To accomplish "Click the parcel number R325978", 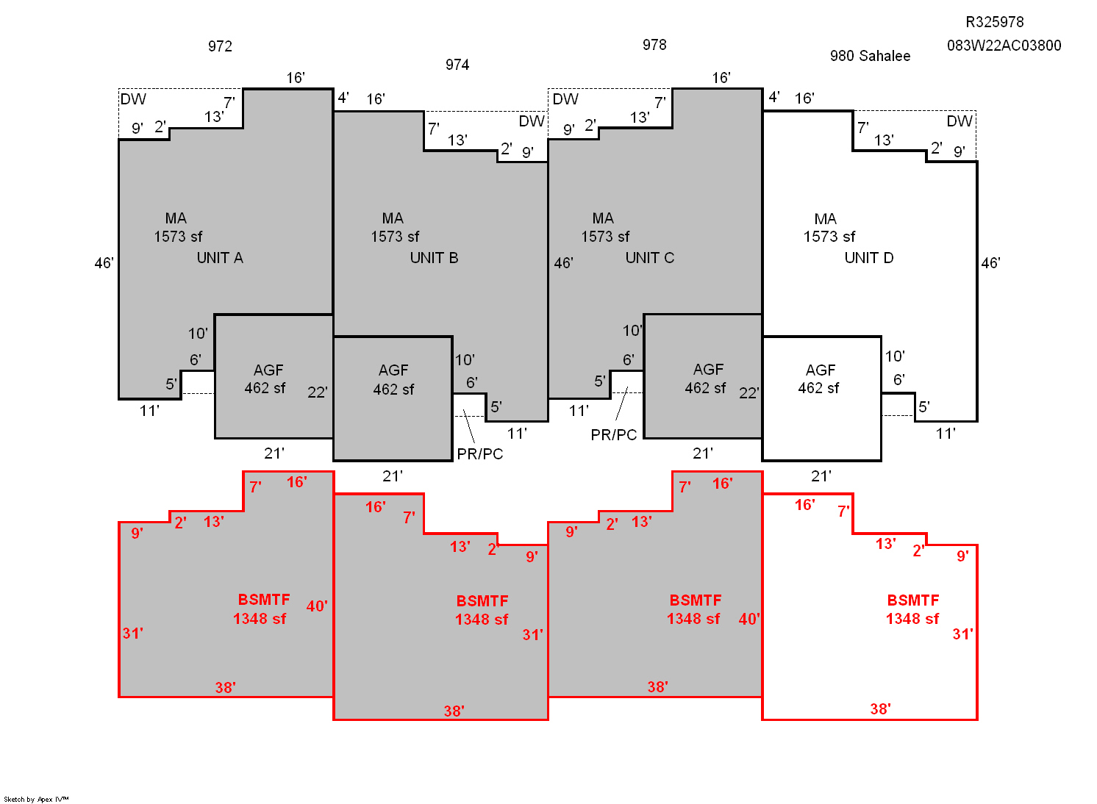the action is [994, 22].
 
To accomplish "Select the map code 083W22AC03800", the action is [1004, 46].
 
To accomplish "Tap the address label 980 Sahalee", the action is [871, 56].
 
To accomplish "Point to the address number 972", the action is [220, 46].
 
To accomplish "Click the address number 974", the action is [457, 65].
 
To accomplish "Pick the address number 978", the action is [654, 45].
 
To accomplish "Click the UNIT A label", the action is [220, 258].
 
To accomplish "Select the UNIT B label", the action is [434, 258].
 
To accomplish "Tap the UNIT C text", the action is [649, 258].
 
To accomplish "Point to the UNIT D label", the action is [869, 258].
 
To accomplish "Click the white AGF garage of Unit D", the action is [821, 398].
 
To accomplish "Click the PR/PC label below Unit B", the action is [479, 454].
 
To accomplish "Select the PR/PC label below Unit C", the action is [614, 435].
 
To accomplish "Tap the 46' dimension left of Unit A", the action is [104, 263].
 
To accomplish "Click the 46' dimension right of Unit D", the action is [990, 263].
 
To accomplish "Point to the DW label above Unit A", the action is [133, 99].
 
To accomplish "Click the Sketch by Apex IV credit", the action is [36, 799].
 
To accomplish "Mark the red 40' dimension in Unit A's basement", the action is [317, 606].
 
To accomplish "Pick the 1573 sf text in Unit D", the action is [829, 237].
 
